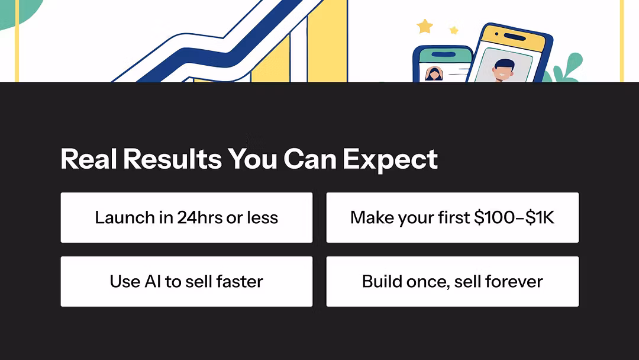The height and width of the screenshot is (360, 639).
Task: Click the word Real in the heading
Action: coord(89,159)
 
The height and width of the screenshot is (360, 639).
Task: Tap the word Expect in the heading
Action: coord(390,160)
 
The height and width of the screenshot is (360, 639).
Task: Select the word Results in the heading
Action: coord(172,159)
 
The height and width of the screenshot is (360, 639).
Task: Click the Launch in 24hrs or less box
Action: coord(186,217)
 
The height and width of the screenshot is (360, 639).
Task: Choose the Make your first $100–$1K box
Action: coord(453,217)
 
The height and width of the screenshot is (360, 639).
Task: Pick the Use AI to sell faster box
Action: coord(186,281)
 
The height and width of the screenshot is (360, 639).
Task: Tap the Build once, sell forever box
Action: coord(453,281)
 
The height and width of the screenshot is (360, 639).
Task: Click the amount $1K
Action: coord(540,217)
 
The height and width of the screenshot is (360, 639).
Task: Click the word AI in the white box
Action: coord(153,281)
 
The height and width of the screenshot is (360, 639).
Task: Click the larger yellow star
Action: coord(425,27)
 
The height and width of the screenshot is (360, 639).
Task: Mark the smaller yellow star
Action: coord(454,30)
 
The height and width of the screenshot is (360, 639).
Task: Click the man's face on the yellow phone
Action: coord(504,70)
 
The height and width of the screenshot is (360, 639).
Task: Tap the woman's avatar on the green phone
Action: coord(434,74)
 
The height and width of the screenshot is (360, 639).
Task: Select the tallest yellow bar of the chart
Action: coord(327,41)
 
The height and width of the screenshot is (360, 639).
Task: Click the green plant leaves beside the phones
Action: coord(566,68)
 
